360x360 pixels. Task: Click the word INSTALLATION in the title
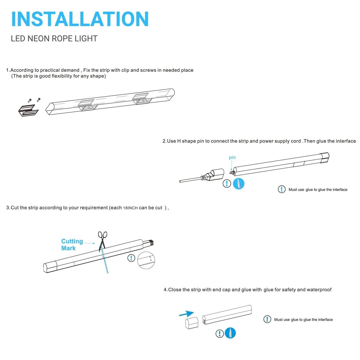click(x=80, y=19)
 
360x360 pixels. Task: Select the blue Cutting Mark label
click(x=72, y=244)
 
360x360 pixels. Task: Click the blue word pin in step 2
click(x=232, y=157)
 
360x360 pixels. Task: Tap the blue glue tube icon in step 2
click(x=239, y=184)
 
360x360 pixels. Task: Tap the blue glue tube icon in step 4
click(x=230, y=333)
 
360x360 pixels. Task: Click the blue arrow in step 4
click(x=186, y=314)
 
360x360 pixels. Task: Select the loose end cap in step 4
click(x=191, y=324)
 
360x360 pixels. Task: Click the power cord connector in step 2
click(x=214, y=175)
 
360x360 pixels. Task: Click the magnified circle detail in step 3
click(x=146, y=260)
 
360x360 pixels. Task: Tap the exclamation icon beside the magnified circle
click(x=131, y=258)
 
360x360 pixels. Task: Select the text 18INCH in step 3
click(x=130, y=208)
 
